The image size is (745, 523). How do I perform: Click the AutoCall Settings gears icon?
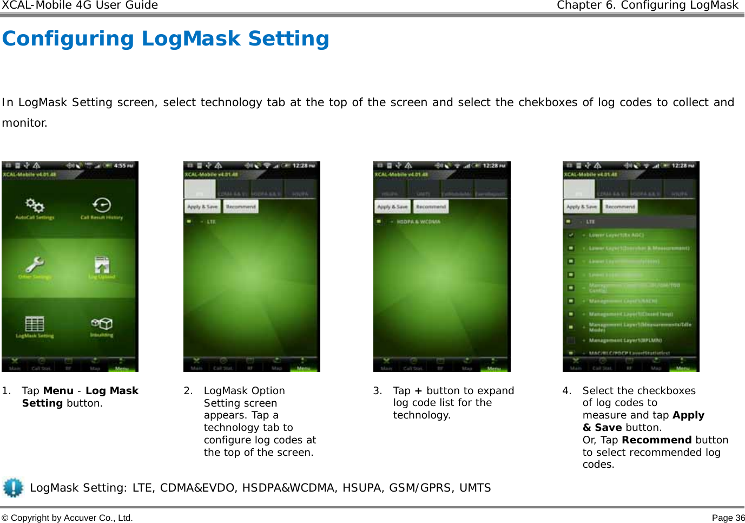pos(35,205)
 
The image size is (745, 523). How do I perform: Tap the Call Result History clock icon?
pos(102,205)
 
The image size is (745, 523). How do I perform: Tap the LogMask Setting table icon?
pos(35,324)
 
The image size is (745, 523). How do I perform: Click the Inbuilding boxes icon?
pos(102,323)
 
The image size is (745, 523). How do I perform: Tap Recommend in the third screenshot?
pos(431,207)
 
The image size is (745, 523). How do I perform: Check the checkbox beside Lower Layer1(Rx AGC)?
pos(571,235)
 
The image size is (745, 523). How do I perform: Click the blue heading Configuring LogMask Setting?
pos(166,38)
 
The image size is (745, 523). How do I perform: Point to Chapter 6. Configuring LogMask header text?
pos(647,5)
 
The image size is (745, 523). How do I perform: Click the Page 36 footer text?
pos(728,518)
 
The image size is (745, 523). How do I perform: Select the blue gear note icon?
pos(13,487)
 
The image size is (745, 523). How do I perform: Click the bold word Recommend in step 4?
pos(656,440)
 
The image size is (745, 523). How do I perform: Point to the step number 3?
pos(378,390)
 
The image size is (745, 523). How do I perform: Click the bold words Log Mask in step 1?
pos(112,390)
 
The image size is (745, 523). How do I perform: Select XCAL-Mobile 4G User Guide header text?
pos(80,5)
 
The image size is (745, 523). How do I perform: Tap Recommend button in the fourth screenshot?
pos(620,207)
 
